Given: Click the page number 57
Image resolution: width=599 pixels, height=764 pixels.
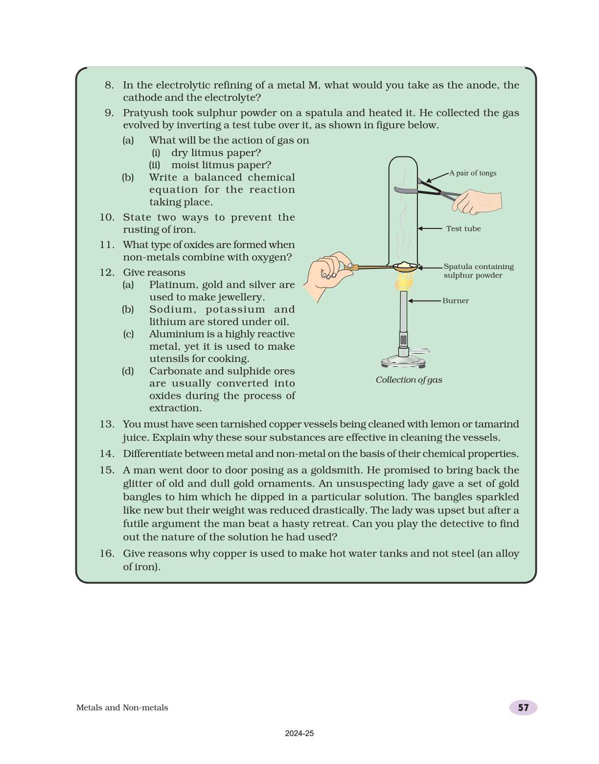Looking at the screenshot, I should click(523, 707).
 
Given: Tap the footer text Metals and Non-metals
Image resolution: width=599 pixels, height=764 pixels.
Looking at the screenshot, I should click(122, 707).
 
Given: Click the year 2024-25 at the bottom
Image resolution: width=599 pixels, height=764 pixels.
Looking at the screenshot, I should click(299, 733).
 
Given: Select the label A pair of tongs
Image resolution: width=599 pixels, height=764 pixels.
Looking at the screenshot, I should click(473, 173).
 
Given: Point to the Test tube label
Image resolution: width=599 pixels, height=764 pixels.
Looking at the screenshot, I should click(463, 228).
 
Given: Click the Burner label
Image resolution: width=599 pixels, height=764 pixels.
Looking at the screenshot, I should click(455, 301).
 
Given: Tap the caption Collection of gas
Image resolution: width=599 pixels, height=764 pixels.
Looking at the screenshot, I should click(409, 380).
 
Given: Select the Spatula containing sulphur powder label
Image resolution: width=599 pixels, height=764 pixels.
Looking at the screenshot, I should click(478, 271).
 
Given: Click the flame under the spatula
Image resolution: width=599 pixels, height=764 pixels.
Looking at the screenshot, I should click(405, 281).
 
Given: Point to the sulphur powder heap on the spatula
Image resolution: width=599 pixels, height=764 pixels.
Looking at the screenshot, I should click(405, 265).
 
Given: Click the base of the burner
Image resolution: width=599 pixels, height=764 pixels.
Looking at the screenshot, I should click(403, 362).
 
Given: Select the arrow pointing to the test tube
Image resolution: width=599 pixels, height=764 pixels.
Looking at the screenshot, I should click(430, 228).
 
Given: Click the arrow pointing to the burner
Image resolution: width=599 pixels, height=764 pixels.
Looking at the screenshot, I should click(424, 301).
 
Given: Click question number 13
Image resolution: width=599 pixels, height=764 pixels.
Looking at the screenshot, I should click(107, 424).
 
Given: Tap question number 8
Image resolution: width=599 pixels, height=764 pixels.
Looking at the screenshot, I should click(109, 85).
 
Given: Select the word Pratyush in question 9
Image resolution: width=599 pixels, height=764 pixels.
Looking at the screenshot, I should click(145, 113).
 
